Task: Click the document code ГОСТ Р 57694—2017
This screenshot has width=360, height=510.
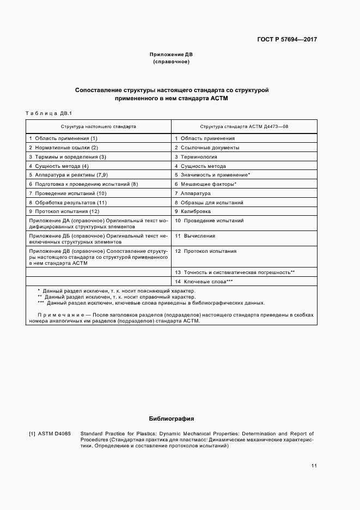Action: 288,39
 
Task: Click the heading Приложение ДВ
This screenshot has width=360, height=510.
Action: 171,54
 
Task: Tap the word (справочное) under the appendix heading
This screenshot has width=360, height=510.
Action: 171,62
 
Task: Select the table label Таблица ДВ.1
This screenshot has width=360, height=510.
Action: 48,113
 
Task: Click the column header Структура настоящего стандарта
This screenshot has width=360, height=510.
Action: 99,126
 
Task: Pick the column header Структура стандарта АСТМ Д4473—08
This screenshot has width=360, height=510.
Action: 244,126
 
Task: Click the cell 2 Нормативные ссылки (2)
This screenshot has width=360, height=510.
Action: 63,148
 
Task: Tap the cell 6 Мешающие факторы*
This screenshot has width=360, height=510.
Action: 205,184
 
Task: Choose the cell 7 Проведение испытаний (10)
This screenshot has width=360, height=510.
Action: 68,193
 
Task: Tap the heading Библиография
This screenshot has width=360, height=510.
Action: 171,419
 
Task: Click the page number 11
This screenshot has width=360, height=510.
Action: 314,466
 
